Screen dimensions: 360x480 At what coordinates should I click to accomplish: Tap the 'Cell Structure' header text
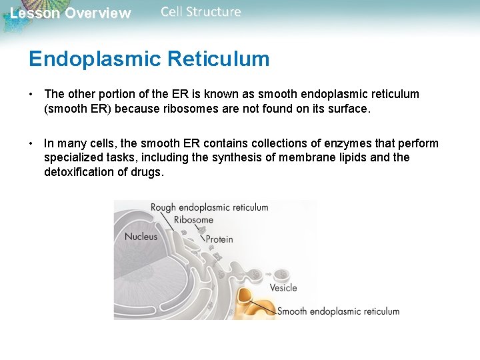click(201, 12)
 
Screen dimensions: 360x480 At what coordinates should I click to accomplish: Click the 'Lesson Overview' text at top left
click(70, 13)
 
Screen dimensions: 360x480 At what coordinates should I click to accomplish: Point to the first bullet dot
click(31, 94)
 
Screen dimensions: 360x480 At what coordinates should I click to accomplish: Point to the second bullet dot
click(31, 143)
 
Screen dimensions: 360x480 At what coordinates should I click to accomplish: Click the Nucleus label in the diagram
click(141, 237)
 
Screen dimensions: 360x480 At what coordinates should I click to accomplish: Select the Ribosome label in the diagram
click(193, 220)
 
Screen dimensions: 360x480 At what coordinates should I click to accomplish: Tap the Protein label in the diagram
click(219, 239)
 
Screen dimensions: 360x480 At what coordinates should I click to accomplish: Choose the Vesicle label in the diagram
click(283, 288)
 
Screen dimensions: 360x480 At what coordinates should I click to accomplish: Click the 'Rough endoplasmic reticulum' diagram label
click(209, 207)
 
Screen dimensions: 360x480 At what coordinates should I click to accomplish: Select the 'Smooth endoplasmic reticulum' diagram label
click(338, 311)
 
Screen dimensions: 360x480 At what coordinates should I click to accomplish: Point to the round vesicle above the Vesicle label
click(281, 273)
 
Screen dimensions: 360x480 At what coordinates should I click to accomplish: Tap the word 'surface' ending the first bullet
click(348, 109)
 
